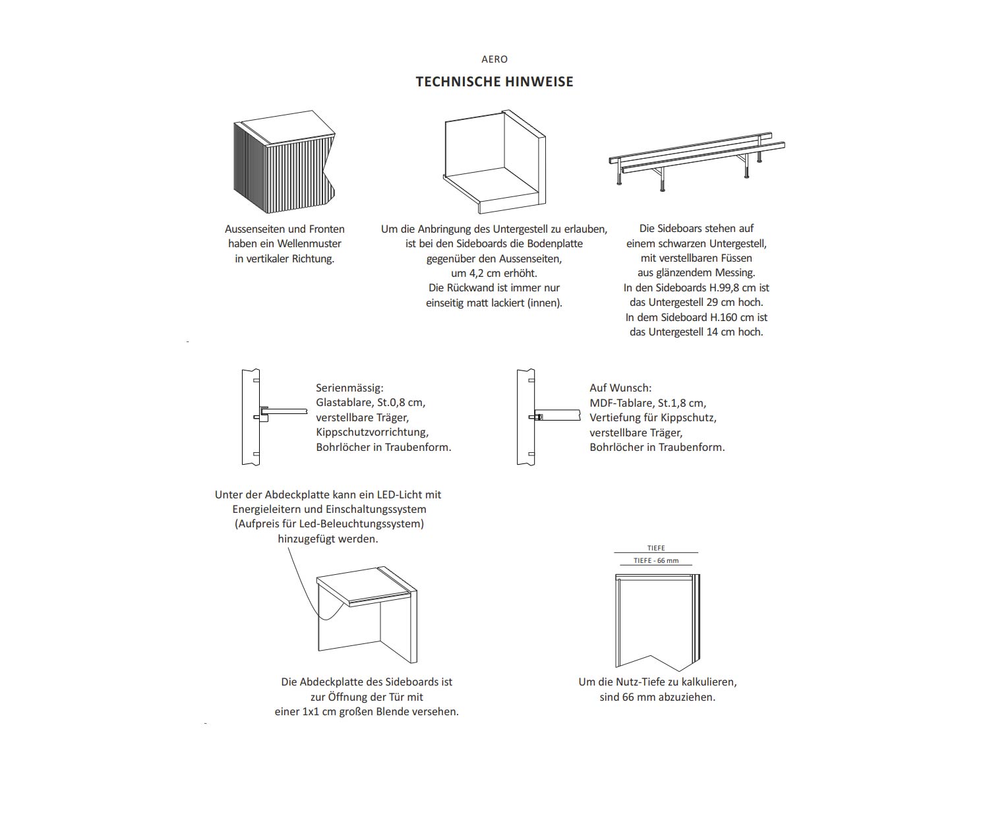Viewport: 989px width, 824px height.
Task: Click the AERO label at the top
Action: tap(494, 59)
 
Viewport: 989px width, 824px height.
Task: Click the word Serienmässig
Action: tap(349, 388)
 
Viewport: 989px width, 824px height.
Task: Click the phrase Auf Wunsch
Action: tap(620, 388)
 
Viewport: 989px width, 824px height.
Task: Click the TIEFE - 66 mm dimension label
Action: tap(655, 561)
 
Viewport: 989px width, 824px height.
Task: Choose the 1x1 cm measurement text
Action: tap(319, 712)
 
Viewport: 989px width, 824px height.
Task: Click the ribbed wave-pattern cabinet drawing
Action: tap(280, 165)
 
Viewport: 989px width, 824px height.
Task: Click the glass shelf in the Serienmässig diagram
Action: tap(287, 411)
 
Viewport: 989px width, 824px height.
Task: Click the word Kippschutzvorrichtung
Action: tap(372, 432)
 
